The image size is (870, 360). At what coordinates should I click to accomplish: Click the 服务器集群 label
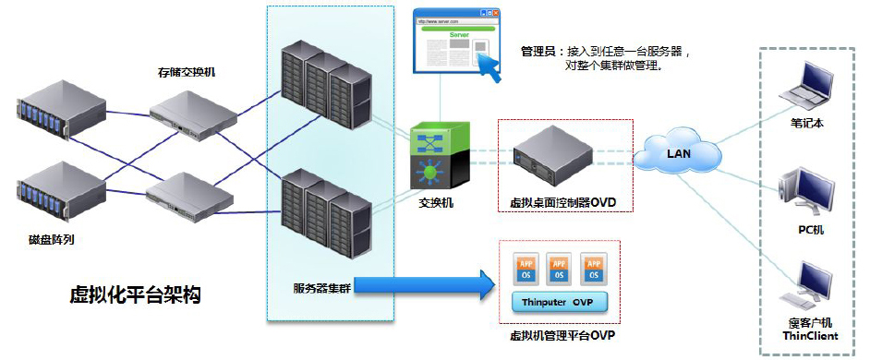coord(319,283)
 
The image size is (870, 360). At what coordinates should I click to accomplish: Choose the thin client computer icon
coord(800,286)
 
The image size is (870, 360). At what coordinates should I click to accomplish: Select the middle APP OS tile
coord(557,268)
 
